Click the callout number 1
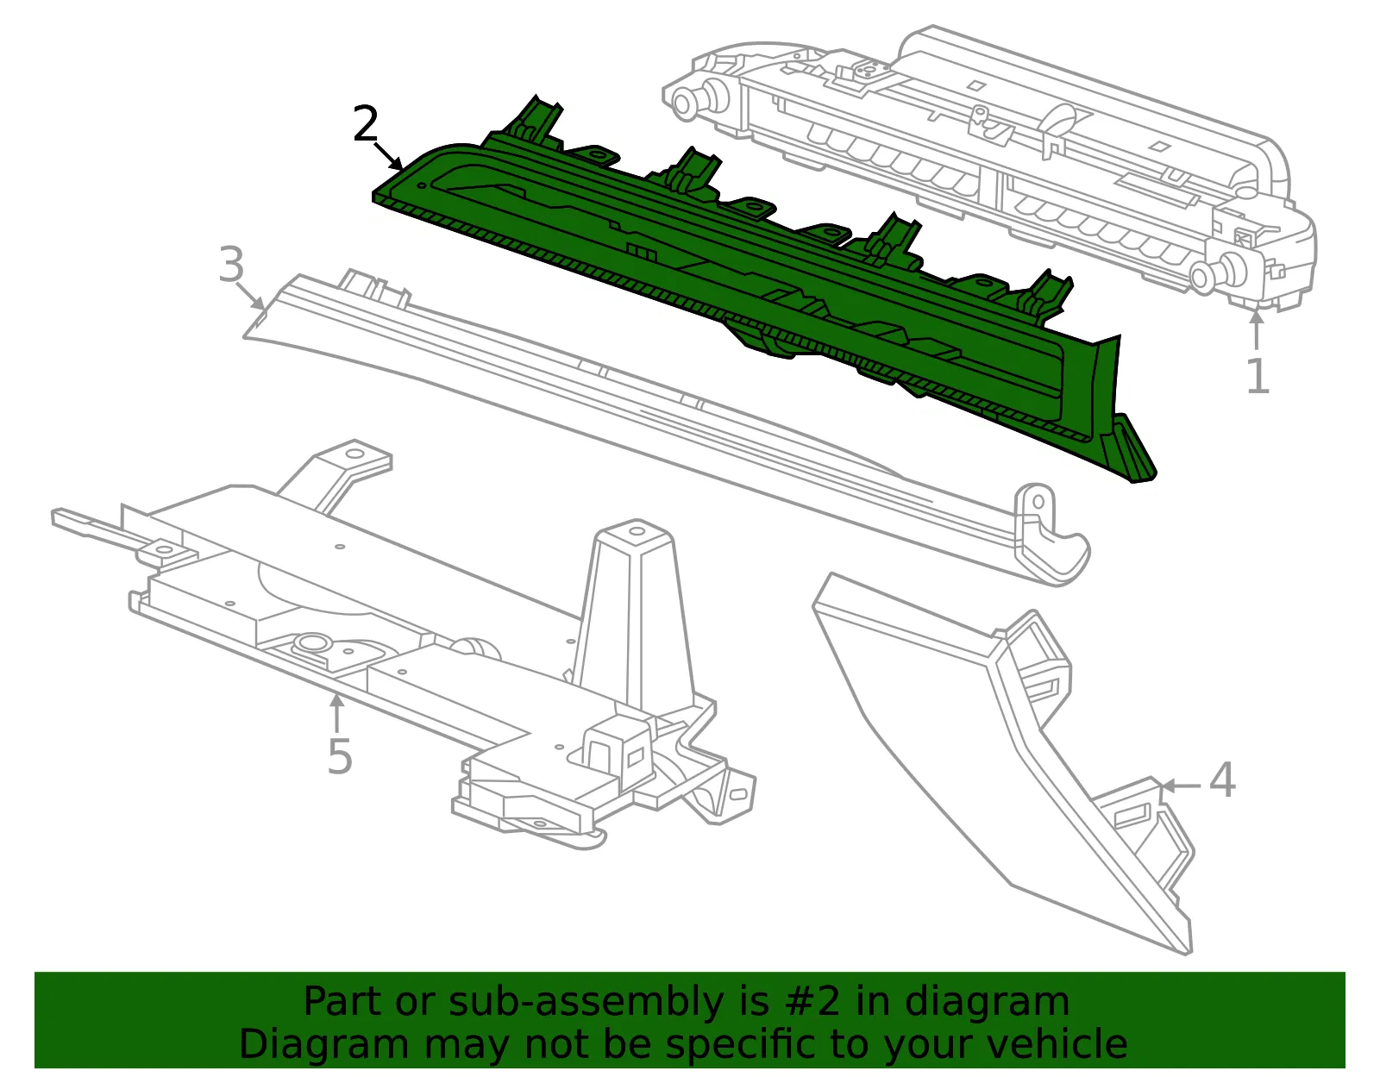tap(1258, 376)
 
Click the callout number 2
tap(365, 124)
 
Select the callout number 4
tap(1222, 780)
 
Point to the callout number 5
tap(340, 756)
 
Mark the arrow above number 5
tap(336, 713)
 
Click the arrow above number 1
tap(1256, 330)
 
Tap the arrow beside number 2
tap(389, 156)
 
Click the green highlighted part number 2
tap(731, 272)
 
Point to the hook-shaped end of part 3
tap(1051, 540)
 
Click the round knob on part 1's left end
tap(687, 102)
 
